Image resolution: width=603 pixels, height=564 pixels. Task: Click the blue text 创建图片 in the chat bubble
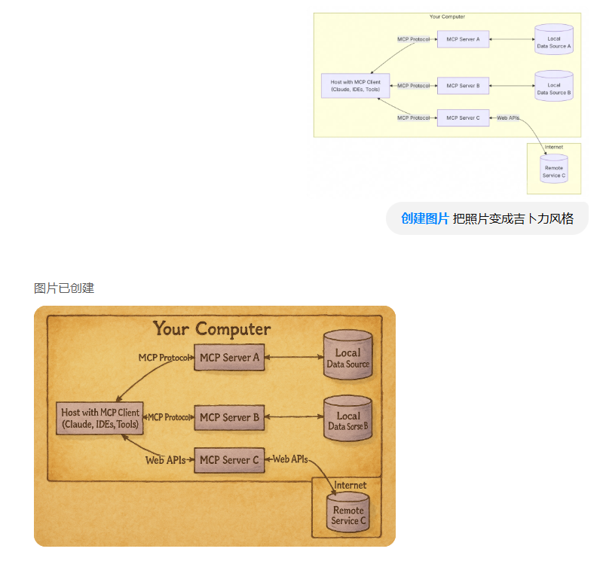point(424,219)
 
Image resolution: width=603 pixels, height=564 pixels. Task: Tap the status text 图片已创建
point(64,288)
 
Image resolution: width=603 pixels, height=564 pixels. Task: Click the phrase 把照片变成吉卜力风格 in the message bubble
point(513,219)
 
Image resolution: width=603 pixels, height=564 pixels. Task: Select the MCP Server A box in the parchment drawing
point(229,357)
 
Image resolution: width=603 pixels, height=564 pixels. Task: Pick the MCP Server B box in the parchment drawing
point(229,417)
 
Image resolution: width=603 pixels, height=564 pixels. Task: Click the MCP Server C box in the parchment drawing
point(229,459)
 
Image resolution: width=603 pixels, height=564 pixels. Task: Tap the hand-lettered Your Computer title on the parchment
point(212,329)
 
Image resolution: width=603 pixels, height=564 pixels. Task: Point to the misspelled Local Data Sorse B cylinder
point(347,421)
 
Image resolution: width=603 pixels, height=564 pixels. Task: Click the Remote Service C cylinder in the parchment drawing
point(347,514)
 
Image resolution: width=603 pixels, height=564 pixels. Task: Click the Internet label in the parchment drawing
point(350,486)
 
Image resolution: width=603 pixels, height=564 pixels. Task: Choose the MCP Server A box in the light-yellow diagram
point(463,38)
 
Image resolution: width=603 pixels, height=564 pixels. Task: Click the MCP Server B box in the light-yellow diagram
point(463,86)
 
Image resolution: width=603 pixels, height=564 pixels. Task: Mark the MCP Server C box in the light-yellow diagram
point(463,117)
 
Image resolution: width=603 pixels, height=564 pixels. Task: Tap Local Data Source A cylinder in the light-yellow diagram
point(554,41)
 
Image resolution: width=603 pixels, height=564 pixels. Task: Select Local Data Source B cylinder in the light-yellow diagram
point(554,87)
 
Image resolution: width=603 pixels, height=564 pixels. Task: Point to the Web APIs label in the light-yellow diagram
point(508,117)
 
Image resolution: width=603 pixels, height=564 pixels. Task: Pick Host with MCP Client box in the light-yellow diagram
point(355,86)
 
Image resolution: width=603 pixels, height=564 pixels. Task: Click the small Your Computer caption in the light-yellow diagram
point(447,17)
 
